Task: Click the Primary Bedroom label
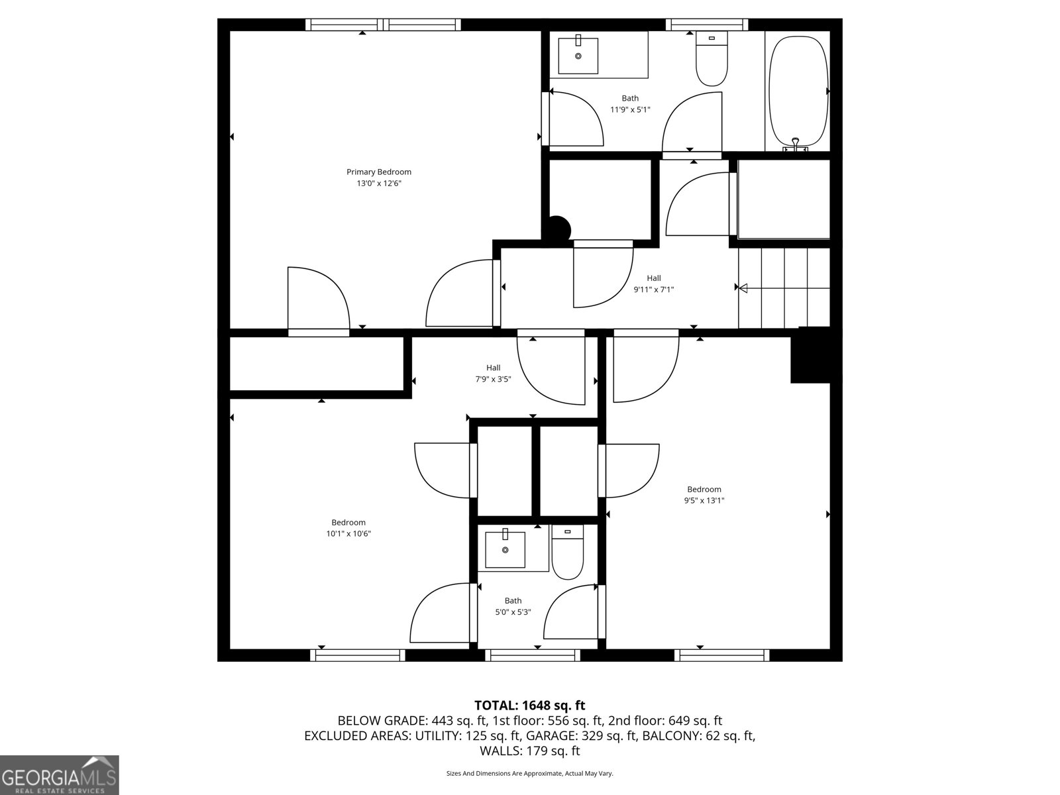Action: pyautogui.click(x=379, y=172)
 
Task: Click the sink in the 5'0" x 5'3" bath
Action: pyautogui.click(x=505, y=549)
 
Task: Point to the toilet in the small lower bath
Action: pyautogui.click(x=567, y=553)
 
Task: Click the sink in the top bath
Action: pyautogui.click(x=578, y=56)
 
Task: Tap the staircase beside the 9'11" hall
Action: pyautogui.click(x=784, y=288)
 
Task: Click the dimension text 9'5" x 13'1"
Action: pyautogui.click(x=704, y=501)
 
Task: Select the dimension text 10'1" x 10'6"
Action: pyautogui.click(x=348, y=534)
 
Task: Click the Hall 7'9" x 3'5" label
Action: pyautogui.click(x=493, y=374)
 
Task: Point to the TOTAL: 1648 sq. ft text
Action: pyautogui.click(x=529, y=706)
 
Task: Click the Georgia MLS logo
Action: pyautogui.click(x=60, y=774)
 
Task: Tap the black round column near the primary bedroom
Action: pyautogui.click(x=558, y=229)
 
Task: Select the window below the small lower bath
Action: pyautogui.click(x=533, y=655)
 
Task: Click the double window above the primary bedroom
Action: pyautogui.click(x=383, y=25)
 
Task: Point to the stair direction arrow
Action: pyautogui.click(x=743, y=288)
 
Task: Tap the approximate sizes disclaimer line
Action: pyautogui.click(x=529, y=773)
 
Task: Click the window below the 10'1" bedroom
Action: pyautogui.click(x=358, y=655)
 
